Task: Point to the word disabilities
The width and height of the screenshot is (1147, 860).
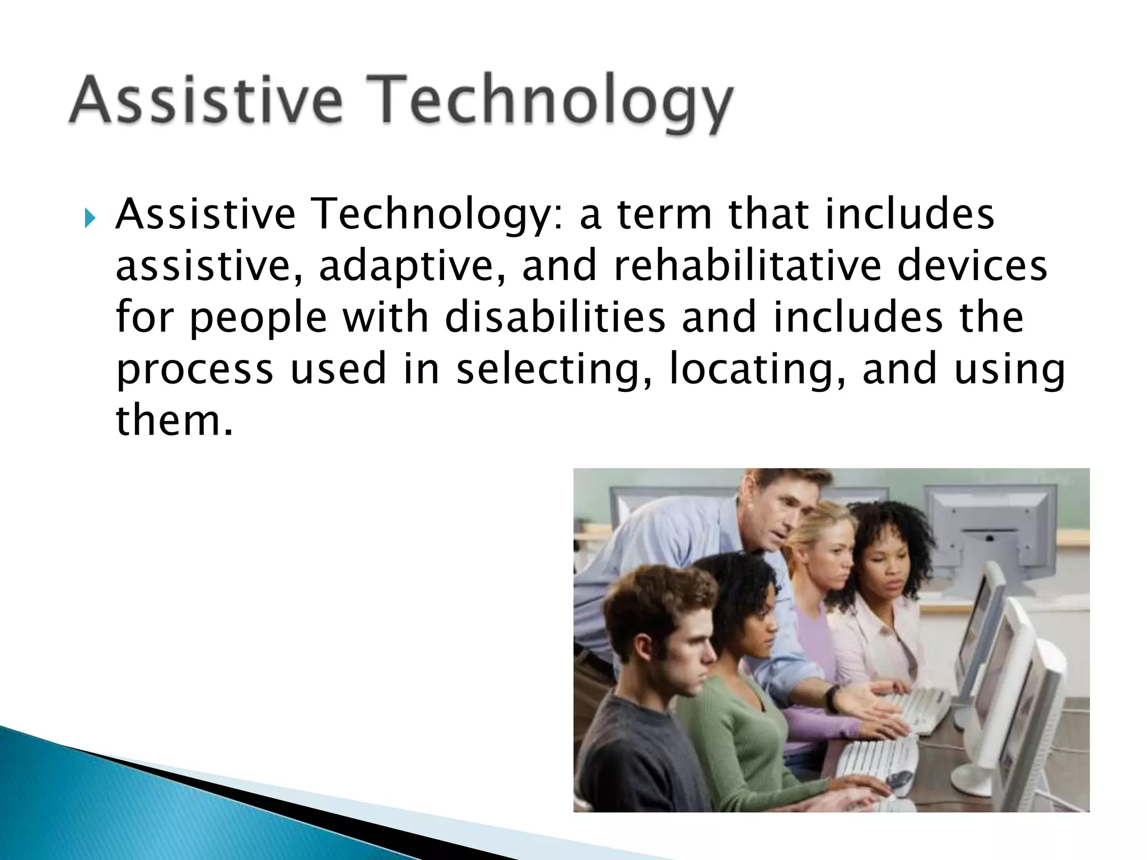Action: (554, 317)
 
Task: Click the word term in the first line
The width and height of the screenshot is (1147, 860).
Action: (664, 215)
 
